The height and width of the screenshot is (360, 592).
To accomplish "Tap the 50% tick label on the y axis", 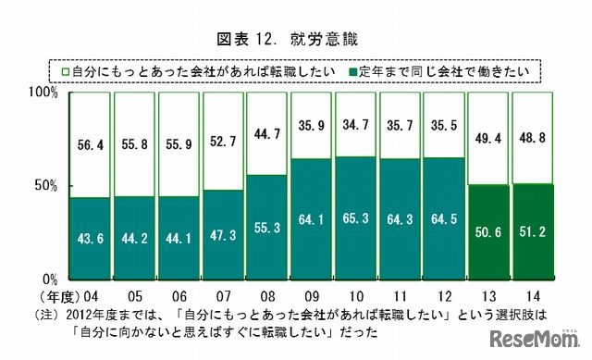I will click(x=46, y=185).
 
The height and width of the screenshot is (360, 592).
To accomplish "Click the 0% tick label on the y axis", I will click(x=50, y=278).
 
